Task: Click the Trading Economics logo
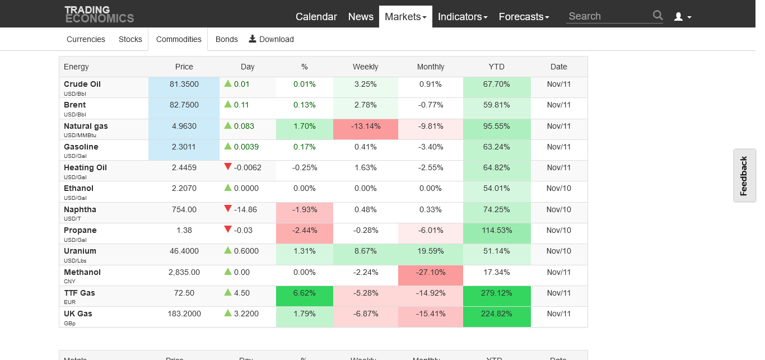click(x=99, y=15)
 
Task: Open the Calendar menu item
click(x=316, y=16)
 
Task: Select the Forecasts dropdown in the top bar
click(x=524, y=16)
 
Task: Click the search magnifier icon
click(x=658, y=15)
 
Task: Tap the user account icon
click(x=679, y=16)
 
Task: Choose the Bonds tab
click(x=226, y=39)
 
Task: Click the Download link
click(x=272, y=39)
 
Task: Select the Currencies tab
click(x=86, y=39)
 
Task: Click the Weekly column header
click(x=366, y=67)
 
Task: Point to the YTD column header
click(x=497, y=67)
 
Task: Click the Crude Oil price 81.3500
click(x=184, y=84)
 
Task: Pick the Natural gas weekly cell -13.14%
click(x=366, y=129)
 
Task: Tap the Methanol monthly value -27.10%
click(x=430, y=275)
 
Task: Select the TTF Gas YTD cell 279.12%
click(x=497, y=296)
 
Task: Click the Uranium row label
click(x=80, y=251)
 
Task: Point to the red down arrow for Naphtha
click(x=228, y=208)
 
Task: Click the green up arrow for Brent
click(x=228, y=104)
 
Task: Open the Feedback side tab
click(x=744, y=176)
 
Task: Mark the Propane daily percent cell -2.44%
click(x=304, y=233)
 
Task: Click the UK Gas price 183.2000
click(x=184, y=314)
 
